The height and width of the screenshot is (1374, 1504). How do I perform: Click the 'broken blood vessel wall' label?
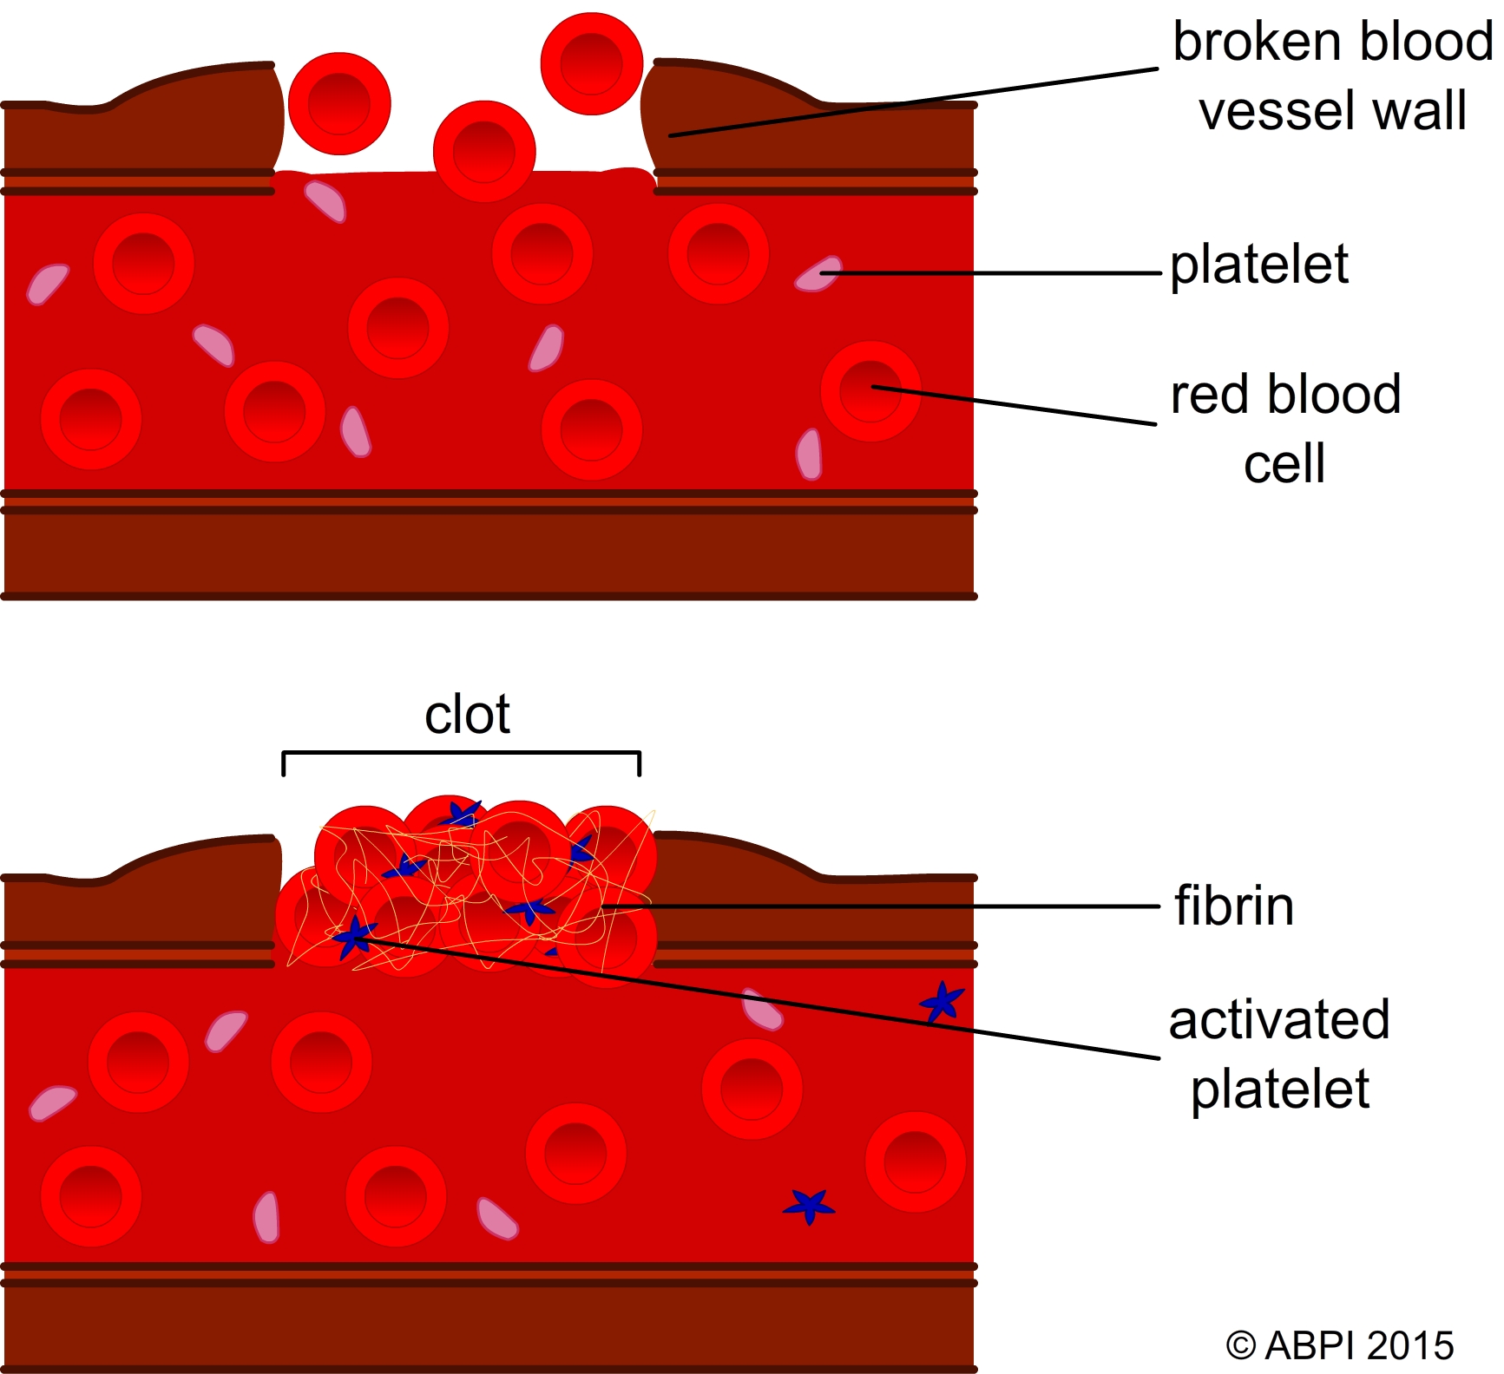[1332, 76]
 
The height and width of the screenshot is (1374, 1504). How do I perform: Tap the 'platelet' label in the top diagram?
[1259, 265]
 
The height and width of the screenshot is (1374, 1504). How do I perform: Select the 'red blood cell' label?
[1285, 429]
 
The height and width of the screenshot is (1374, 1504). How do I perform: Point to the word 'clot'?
[467, 715]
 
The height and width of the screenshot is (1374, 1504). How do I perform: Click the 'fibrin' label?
[1233, 906]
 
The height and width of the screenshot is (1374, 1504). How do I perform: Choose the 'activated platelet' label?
[1279, 1054]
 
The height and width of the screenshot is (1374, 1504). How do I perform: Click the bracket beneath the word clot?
[461, 753]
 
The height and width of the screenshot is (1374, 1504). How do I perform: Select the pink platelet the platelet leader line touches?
[818, 274]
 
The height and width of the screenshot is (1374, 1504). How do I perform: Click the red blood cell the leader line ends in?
[870, 391]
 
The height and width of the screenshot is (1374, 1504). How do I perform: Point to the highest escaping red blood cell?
[591, 63]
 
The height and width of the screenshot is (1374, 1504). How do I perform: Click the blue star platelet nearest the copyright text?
[809, 1205]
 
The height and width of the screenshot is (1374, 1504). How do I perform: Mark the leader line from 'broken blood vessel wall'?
[911, 102]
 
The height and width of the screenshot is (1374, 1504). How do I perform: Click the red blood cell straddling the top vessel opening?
[484, 151]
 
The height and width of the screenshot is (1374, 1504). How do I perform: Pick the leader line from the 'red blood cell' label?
[1015, 406]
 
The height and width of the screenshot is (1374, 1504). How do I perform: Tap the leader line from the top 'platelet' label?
[989, 273]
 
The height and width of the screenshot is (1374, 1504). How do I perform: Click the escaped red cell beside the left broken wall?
[339, 103]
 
